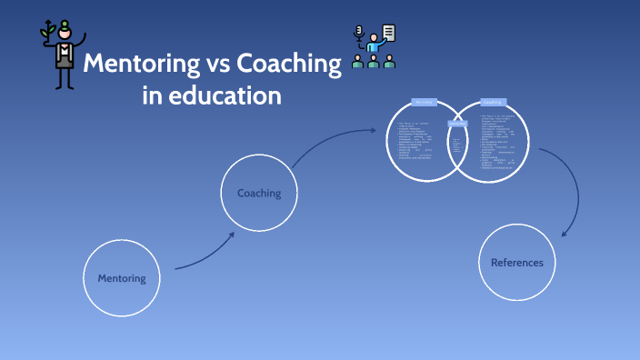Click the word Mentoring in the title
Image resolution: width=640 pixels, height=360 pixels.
coord(135,64)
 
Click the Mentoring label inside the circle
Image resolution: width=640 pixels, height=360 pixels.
coord(122,277)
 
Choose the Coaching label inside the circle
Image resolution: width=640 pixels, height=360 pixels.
coord(259,193)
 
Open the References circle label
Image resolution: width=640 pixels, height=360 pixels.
coord(516,263)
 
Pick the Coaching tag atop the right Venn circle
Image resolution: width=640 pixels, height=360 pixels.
coord(492,103)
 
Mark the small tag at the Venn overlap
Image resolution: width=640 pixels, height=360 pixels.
coord(457,125)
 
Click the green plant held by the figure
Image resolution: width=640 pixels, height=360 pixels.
coord(47,30)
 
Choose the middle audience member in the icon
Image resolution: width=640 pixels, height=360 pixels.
coord(374,62)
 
